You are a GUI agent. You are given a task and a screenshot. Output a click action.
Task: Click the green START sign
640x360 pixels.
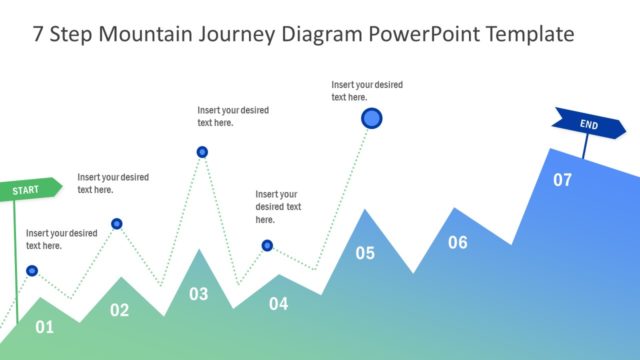[29, 188]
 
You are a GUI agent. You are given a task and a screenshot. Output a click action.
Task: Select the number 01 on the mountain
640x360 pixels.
[45, 326]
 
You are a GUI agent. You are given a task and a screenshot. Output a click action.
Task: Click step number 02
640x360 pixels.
[119, 310]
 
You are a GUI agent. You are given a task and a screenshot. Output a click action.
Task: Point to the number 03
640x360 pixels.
[199, 294]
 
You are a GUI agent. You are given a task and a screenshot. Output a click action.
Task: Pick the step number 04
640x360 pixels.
[278, 303]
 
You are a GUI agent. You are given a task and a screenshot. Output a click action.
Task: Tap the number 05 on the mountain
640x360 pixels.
[365, 253]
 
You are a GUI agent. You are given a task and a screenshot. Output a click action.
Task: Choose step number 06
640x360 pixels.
[457, 242]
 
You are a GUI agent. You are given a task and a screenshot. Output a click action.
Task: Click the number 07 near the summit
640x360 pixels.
[563, 180]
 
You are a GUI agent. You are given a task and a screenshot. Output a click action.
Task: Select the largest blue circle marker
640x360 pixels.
[372, 119]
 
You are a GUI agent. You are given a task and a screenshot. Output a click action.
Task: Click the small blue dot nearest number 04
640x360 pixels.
[267, 245]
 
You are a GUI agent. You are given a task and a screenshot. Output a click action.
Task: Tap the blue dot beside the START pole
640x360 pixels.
[32, 270]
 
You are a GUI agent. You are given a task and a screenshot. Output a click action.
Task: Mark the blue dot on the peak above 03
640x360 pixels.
[202, 152]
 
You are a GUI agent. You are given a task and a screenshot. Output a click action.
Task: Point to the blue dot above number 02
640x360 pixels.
[117, 224]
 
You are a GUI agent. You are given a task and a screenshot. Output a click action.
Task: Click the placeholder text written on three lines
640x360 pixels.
[278, 206]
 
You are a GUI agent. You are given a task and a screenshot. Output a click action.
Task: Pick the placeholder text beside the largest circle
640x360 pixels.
[367, 91]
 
